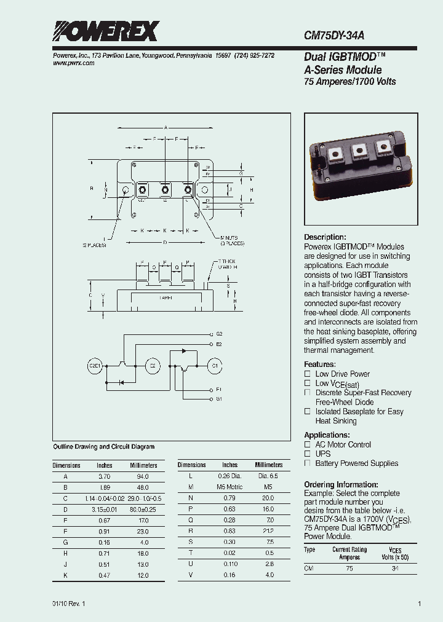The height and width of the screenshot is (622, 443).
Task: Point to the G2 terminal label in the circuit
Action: coord(219,334)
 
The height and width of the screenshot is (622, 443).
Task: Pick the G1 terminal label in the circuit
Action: coord(219,399)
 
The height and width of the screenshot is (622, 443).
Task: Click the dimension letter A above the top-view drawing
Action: coord(165,125)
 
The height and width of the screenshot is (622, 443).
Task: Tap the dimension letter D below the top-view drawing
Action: coord(165,242)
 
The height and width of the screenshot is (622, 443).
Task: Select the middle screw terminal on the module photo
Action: coord(359,151)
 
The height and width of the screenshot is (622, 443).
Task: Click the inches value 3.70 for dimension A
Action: coord(104,476)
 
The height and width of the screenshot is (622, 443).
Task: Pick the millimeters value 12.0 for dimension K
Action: coord(143,575)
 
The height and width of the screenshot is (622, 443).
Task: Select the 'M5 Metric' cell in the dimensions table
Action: coord(229,487)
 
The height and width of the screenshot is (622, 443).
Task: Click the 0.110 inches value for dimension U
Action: coord(229,564)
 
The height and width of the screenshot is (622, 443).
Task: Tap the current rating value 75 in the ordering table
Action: coord(349,569)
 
